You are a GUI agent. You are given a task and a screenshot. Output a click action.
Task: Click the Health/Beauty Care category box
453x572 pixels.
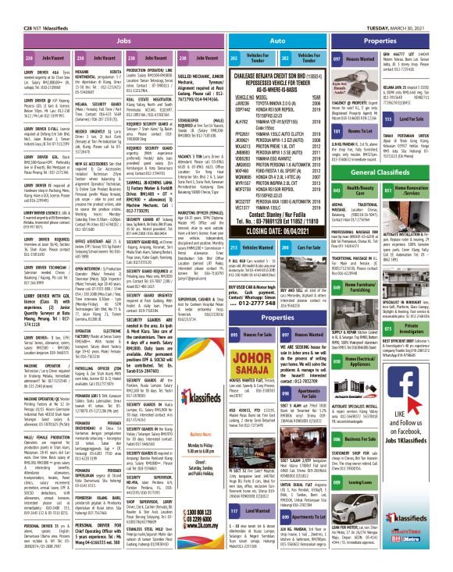[x=356, y=189]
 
